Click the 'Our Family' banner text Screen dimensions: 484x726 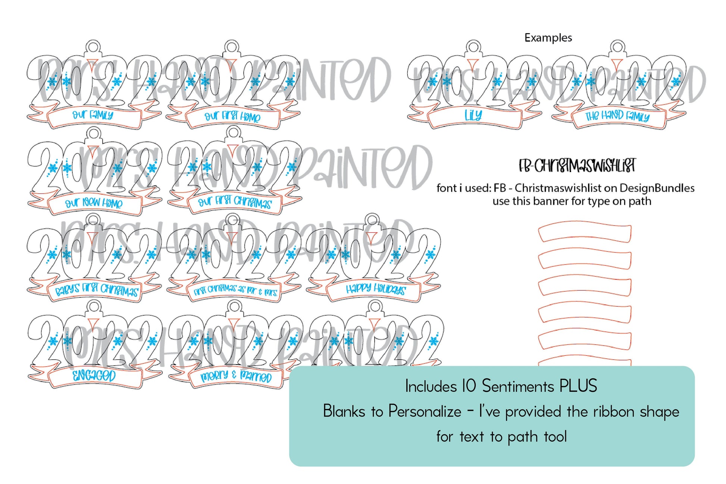[x=93, y=115]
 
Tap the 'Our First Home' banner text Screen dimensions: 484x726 [x=232, y=116]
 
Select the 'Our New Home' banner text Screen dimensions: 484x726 [x=94, y=203]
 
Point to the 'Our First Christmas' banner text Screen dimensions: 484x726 [x=235, y=202]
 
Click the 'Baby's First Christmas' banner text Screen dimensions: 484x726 [x=97, y=290]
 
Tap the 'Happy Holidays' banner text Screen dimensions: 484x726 [x=375, y=289]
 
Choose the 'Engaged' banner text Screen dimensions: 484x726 [x=94, y=375]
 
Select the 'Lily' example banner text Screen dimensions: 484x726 [x=473, y=115]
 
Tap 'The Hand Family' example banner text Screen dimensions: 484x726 [x=617, y=116]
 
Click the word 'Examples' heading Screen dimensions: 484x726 [x=548, y=38]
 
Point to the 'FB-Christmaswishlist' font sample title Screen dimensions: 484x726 [x=577, y=166]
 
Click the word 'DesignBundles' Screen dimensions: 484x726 [x=657, y=188]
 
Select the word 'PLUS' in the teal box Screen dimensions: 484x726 [x=578, y=386]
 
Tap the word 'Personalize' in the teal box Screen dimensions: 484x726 [x=425, y=412]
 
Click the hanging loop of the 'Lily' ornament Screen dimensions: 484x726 [x=473, y=47]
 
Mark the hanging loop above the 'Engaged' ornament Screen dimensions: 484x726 [x=94, y=307]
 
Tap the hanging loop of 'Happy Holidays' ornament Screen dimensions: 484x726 [x=372, y=221]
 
